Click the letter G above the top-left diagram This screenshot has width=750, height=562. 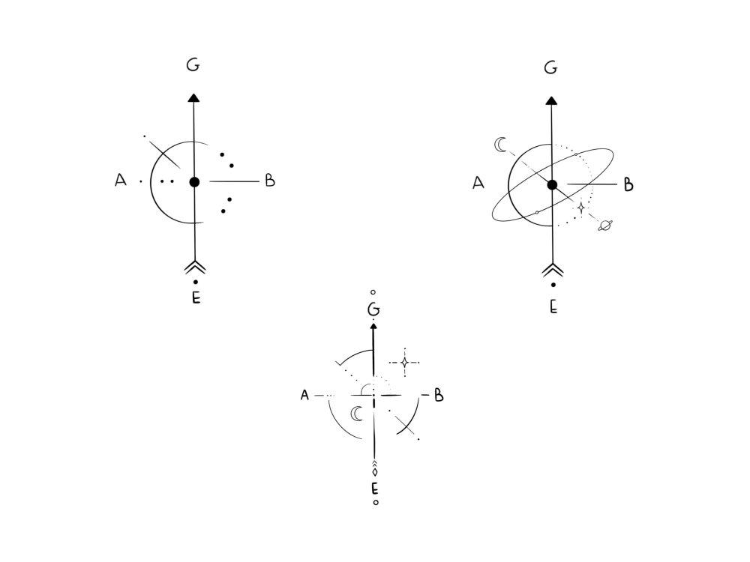193,64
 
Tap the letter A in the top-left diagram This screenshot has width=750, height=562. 121,180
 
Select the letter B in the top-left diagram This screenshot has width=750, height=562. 270,180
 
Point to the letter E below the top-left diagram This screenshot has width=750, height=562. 196,297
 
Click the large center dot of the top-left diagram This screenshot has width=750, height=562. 194,182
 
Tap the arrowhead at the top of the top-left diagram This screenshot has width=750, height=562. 193,98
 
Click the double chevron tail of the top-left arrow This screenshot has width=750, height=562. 195,268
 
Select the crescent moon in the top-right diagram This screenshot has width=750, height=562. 500,145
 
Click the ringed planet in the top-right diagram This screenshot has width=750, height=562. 605,225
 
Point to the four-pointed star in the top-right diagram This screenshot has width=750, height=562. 581,208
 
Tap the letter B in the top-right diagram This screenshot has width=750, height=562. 628,184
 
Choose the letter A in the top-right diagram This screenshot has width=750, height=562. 478,183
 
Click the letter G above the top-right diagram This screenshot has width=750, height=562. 550,68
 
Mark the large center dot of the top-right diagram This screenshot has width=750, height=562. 553,185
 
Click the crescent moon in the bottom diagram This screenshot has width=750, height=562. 357,414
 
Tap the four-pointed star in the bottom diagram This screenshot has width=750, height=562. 405,362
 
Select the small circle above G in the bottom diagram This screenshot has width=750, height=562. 373,292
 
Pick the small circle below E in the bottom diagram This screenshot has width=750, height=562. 376,502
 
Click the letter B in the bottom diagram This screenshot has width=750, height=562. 439,395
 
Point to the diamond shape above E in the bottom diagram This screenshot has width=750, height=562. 375,472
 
